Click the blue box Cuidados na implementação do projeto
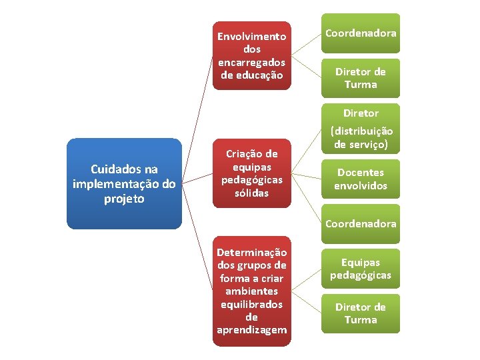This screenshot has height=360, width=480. (124, 184)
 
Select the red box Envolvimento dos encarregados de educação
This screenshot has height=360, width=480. (251, 55)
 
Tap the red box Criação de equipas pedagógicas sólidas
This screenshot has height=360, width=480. (251, 173)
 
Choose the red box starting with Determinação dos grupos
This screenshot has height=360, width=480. (251, 291)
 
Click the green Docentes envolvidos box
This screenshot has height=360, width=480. (361, 179)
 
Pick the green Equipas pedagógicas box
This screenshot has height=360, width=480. (361, 269)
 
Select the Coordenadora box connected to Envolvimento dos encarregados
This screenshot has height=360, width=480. (361, 33)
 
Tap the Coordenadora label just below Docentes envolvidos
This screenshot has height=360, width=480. (361, 223)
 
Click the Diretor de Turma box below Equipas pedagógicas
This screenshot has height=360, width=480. (361, 313)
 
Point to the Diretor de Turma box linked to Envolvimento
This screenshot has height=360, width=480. (361, 78)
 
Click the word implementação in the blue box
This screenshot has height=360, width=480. (124, 185)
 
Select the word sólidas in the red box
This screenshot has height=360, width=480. (251, 193)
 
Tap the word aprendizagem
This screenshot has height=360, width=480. (251, 330)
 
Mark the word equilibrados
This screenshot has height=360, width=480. (251, 304)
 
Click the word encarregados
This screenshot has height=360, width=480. (251, 62)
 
